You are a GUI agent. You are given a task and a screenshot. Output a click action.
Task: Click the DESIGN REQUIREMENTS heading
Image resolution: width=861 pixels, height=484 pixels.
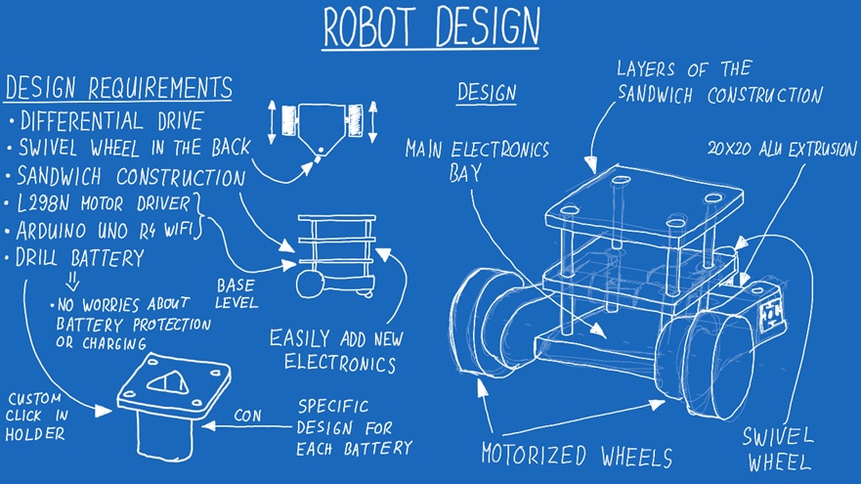pyautogui.click(x=118, y=88)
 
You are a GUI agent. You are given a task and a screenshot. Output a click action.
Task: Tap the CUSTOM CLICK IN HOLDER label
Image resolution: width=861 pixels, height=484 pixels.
pyautogui.click(x=36, y=417)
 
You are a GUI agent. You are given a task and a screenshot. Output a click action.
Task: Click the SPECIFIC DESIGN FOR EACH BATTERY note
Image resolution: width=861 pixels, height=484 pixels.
pyautogui.click(x=354, y=426)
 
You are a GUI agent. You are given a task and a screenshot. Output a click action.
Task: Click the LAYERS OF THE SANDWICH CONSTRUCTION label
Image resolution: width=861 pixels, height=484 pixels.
pyautogui.click(x=718, y=82)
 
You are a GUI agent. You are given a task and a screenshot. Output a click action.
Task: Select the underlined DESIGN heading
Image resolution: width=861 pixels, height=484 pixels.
pyautogui.click(x=487, y=93)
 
